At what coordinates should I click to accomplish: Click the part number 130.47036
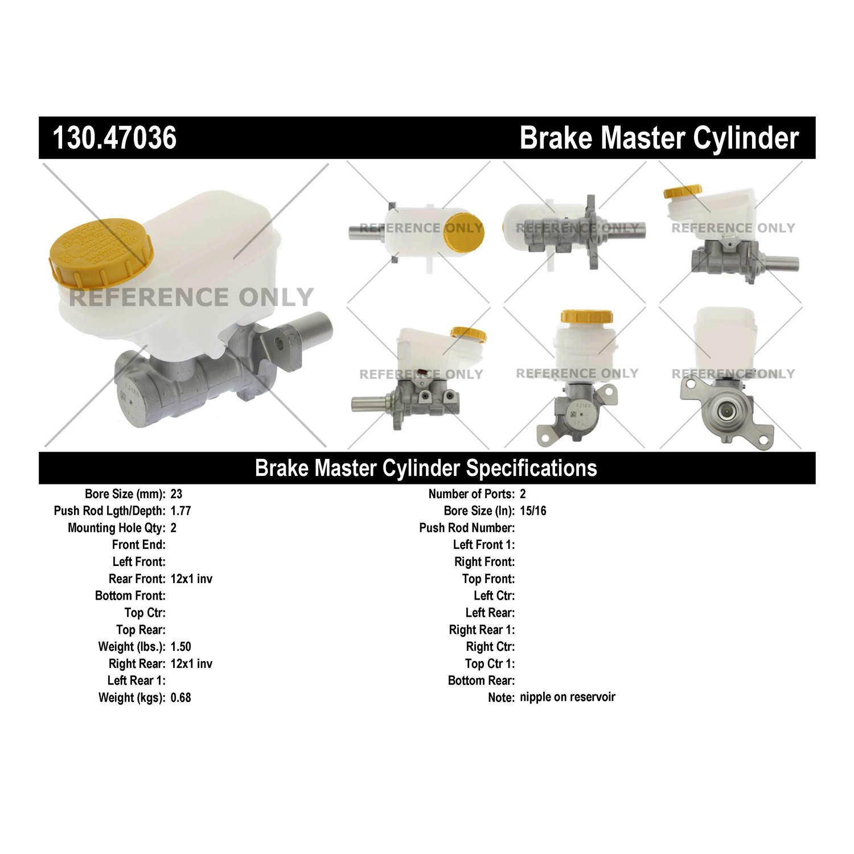pos(114,138)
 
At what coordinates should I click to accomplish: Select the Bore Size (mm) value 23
pos(176,494)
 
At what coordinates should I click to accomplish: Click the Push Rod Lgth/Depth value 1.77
pos(180,511)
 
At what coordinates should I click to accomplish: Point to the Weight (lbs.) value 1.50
pos(180,647)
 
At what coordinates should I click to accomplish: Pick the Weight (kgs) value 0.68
pos(180,697)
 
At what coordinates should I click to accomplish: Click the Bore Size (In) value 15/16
pos(533,511)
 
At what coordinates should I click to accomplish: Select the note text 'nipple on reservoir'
pos(567,697)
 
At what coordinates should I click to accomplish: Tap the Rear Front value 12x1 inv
pos(191,579)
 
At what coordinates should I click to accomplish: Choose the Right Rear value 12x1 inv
pos(191,664)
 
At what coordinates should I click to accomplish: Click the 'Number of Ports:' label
pos(471,494)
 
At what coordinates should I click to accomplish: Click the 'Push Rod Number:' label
pos(467,528)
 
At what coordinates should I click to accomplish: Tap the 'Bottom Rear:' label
pos(481,681)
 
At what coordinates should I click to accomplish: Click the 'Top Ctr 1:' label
pos(490,664)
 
